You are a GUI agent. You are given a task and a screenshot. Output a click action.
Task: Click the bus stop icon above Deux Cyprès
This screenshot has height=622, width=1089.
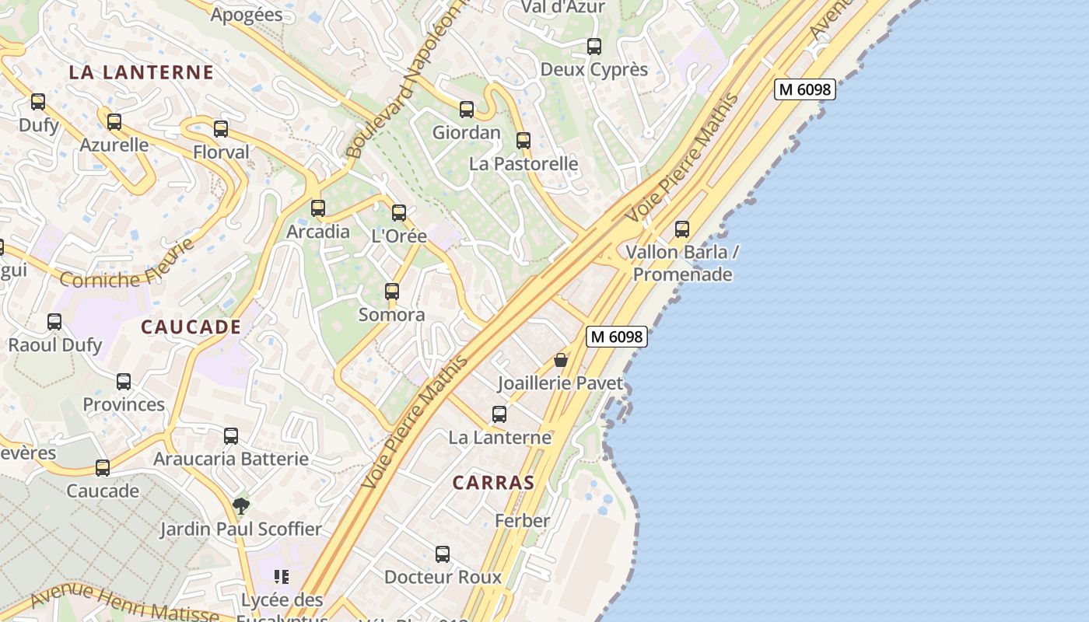tap(594, 47)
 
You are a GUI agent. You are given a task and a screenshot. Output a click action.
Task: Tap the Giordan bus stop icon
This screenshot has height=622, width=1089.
tap(467, 110)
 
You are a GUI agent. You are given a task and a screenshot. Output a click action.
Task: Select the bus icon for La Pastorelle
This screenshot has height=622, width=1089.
tap(523, 141)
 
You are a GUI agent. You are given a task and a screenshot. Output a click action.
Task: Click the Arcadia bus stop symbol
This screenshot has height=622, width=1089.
tap(318, 208)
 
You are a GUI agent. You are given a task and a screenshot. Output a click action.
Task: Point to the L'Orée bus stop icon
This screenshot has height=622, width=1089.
tap(399, 213)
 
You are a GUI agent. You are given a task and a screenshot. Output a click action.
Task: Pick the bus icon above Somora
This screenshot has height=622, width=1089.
tap(392, 292)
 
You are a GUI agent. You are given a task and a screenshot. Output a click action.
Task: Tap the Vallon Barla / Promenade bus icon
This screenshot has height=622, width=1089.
tap(682, 229)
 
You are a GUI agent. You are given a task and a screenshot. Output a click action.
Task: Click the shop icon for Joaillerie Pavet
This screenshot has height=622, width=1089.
tap(560, 361)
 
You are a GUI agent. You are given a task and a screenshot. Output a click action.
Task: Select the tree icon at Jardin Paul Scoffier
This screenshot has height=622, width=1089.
tap(241, 506)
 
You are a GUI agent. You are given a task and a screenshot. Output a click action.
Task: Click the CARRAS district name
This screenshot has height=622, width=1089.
tap(494, 483)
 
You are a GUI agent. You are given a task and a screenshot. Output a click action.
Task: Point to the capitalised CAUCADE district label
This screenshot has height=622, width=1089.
tap(191, 327)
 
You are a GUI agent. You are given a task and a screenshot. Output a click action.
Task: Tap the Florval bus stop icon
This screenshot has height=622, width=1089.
tap(221, 129)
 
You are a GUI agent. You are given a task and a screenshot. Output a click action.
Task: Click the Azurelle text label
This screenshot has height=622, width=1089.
tap(114, 145)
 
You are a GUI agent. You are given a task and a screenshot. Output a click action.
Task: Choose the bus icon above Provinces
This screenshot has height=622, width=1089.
tap(124, 382)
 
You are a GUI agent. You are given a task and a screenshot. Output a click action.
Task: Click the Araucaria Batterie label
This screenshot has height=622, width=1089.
tap(231, 459)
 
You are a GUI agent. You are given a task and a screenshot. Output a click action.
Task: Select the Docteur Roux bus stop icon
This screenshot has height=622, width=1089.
tap(443, 554)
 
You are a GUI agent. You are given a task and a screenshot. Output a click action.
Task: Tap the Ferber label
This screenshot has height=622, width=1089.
tap(522, 520)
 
